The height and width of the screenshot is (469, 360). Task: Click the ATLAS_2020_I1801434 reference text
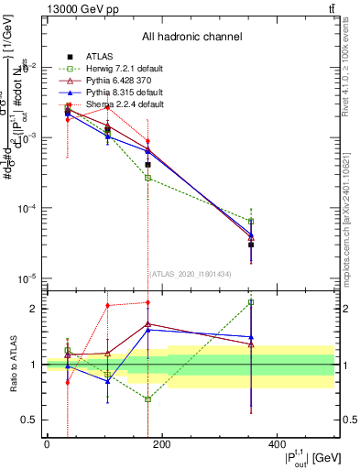click(191, 273)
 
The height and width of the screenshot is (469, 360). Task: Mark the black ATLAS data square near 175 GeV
click(147, 165)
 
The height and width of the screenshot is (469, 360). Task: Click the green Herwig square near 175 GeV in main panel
click(147, 178)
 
